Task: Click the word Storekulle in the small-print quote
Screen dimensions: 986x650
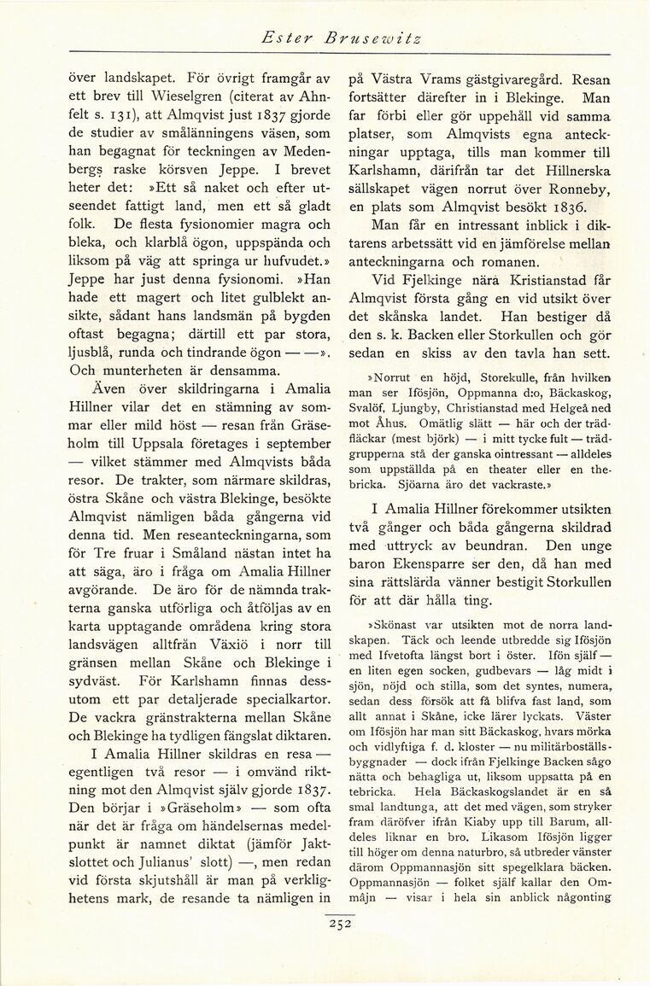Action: (x=483, y=378)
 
